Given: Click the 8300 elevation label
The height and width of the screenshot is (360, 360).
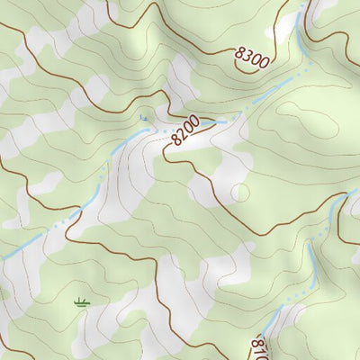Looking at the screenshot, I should click(x=251, y=58).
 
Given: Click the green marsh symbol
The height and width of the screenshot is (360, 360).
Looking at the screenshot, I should click(x=82, y=301).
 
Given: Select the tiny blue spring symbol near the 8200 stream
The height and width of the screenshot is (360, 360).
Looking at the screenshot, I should click(x=142, y=117).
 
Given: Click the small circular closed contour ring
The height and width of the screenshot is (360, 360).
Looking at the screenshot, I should click(x=239, y=193).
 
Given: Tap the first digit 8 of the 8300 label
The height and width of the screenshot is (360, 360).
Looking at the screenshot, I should click(x=239, y=53).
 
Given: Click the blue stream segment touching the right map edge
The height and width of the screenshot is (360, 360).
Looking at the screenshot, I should click(x=351, y=193).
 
